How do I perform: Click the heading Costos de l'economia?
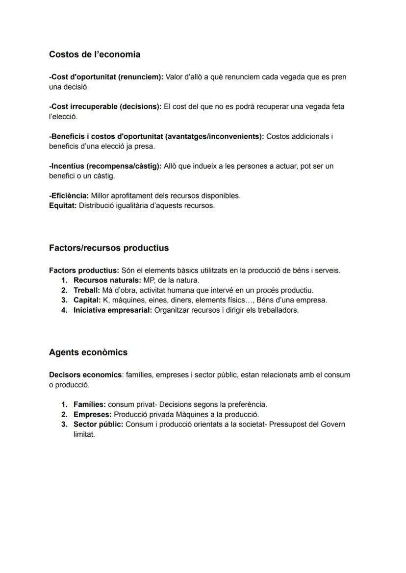click(x=95, y=54)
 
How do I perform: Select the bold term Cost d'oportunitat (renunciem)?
click(x=106, y=77)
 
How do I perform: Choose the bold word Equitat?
click(x=63, y=205)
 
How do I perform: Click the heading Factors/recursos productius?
click(x=109, y=248)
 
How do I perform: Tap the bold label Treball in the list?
click(x=87, y=290)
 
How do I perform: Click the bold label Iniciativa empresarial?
click(x=113, y=310)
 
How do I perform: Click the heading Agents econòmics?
click(x=88, y=352)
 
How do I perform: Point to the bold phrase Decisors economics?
click(x=85, y=375)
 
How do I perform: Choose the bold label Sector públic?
click(x=98, y=424)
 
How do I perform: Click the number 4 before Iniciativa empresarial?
click(x=64, y=310)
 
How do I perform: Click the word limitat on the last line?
click(x=84, y=434)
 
